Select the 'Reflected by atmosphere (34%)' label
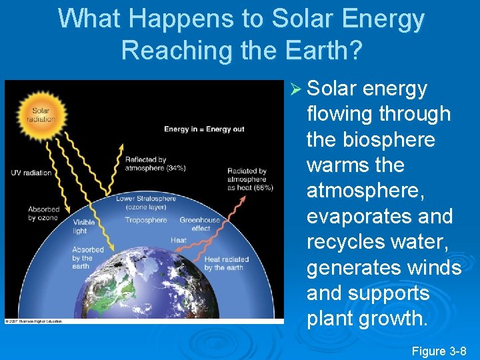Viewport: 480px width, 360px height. (155, 164)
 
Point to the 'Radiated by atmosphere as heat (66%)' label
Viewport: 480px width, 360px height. (250, 179)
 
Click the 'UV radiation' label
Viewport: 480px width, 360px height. (31, 173)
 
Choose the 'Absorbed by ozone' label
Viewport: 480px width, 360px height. (43, 213)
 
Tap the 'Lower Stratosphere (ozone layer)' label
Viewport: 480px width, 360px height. (146, 203)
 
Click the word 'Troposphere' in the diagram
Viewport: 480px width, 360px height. (146, 220)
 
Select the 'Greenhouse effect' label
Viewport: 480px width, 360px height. (199, 224)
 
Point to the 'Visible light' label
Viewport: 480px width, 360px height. (83, 227)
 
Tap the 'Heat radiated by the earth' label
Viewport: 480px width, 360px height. (227, 263)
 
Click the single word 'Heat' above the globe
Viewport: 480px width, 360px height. (178, 240)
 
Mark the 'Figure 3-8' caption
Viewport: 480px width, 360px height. (439, 351)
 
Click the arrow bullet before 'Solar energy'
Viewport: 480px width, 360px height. (297, 89)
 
